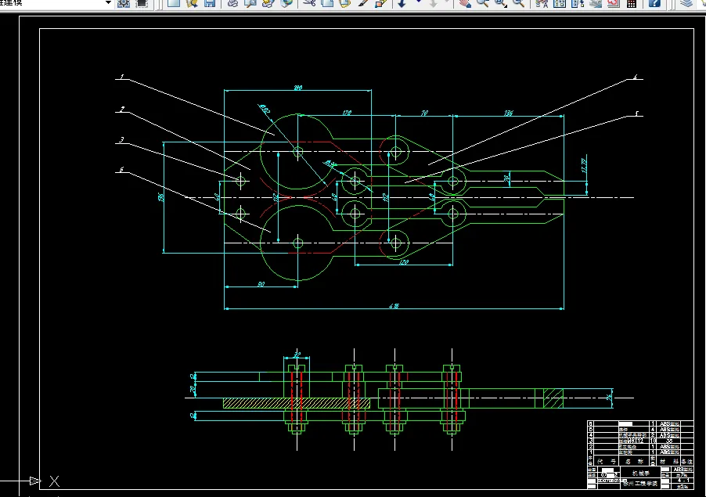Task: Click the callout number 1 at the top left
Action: point(122,77)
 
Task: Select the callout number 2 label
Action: point(122,110)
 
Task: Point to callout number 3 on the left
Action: point(122,141)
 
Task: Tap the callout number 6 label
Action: point(122,169)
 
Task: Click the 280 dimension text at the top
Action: point(298,88)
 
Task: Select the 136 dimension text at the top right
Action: point(509,113)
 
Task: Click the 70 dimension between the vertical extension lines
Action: point(424,113)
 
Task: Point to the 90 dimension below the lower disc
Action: point(261,283)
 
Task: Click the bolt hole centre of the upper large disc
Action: point(298,151)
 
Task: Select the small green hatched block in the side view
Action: point(553,398)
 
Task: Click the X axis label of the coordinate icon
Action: point(54,481)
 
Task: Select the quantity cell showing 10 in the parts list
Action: point(651,441)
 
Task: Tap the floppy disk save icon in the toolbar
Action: point(210,4)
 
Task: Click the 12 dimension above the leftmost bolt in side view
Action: point(297,354)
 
